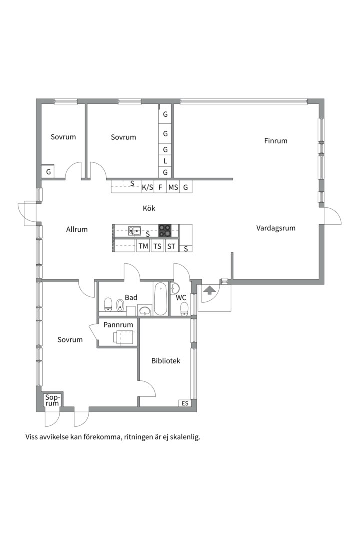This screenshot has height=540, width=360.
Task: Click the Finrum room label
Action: tap(275, 141)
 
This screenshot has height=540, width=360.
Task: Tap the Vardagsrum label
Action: tap(276, 228)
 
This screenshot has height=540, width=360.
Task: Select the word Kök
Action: tap(149, 208)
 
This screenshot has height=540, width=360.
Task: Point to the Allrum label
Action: tap(77, 229)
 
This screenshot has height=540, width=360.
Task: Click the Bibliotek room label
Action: tap(166, 361)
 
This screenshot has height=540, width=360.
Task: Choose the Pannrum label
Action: tap(118, 325)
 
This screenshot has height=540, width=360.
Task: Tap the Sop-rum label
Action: tap(52, 400)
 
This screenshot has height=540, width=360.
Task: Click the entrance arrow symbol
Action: tap(208, 290)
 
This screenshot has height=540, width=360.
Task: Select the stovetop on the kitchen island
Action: tap(165, 230)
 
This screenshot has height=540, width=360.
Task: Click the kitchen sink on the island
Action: tap(134, 230)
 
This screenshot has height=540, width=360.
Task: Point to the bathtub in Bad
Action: tap(160, 299)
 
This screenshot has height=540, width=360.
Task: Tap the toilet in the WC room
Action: tap(184, 309)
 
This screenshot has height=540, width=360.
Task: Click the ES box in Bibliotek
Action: tap(185, 403)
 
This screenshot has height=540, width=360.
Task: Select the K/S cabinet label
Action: tap(148, 187)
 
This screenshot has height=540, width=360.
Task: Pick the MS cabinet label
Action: tap(173, 187)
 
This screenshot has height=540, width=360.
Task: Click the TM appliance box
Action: tap(143, 246)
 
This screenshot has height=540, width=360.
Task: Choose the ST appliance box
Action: tap(171, 246)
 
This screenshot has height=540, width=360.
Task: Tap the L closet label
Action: tap(165, 161)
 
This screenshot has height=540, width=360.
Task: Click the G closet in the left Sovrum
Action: tap(48, 171)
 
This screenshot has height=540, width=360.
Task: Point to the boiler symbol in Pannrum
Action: tap(123, 337)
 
